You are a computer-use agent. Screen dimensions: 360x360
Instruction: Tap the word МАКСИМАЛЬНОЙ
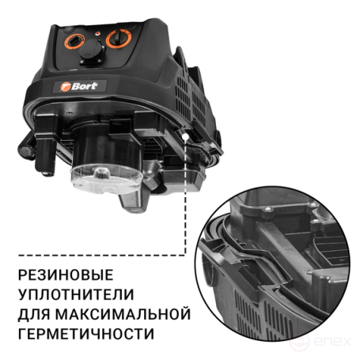coord(119,314)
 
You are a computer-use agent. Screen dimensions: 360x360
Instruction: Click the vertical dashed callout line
coord(185,198)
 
